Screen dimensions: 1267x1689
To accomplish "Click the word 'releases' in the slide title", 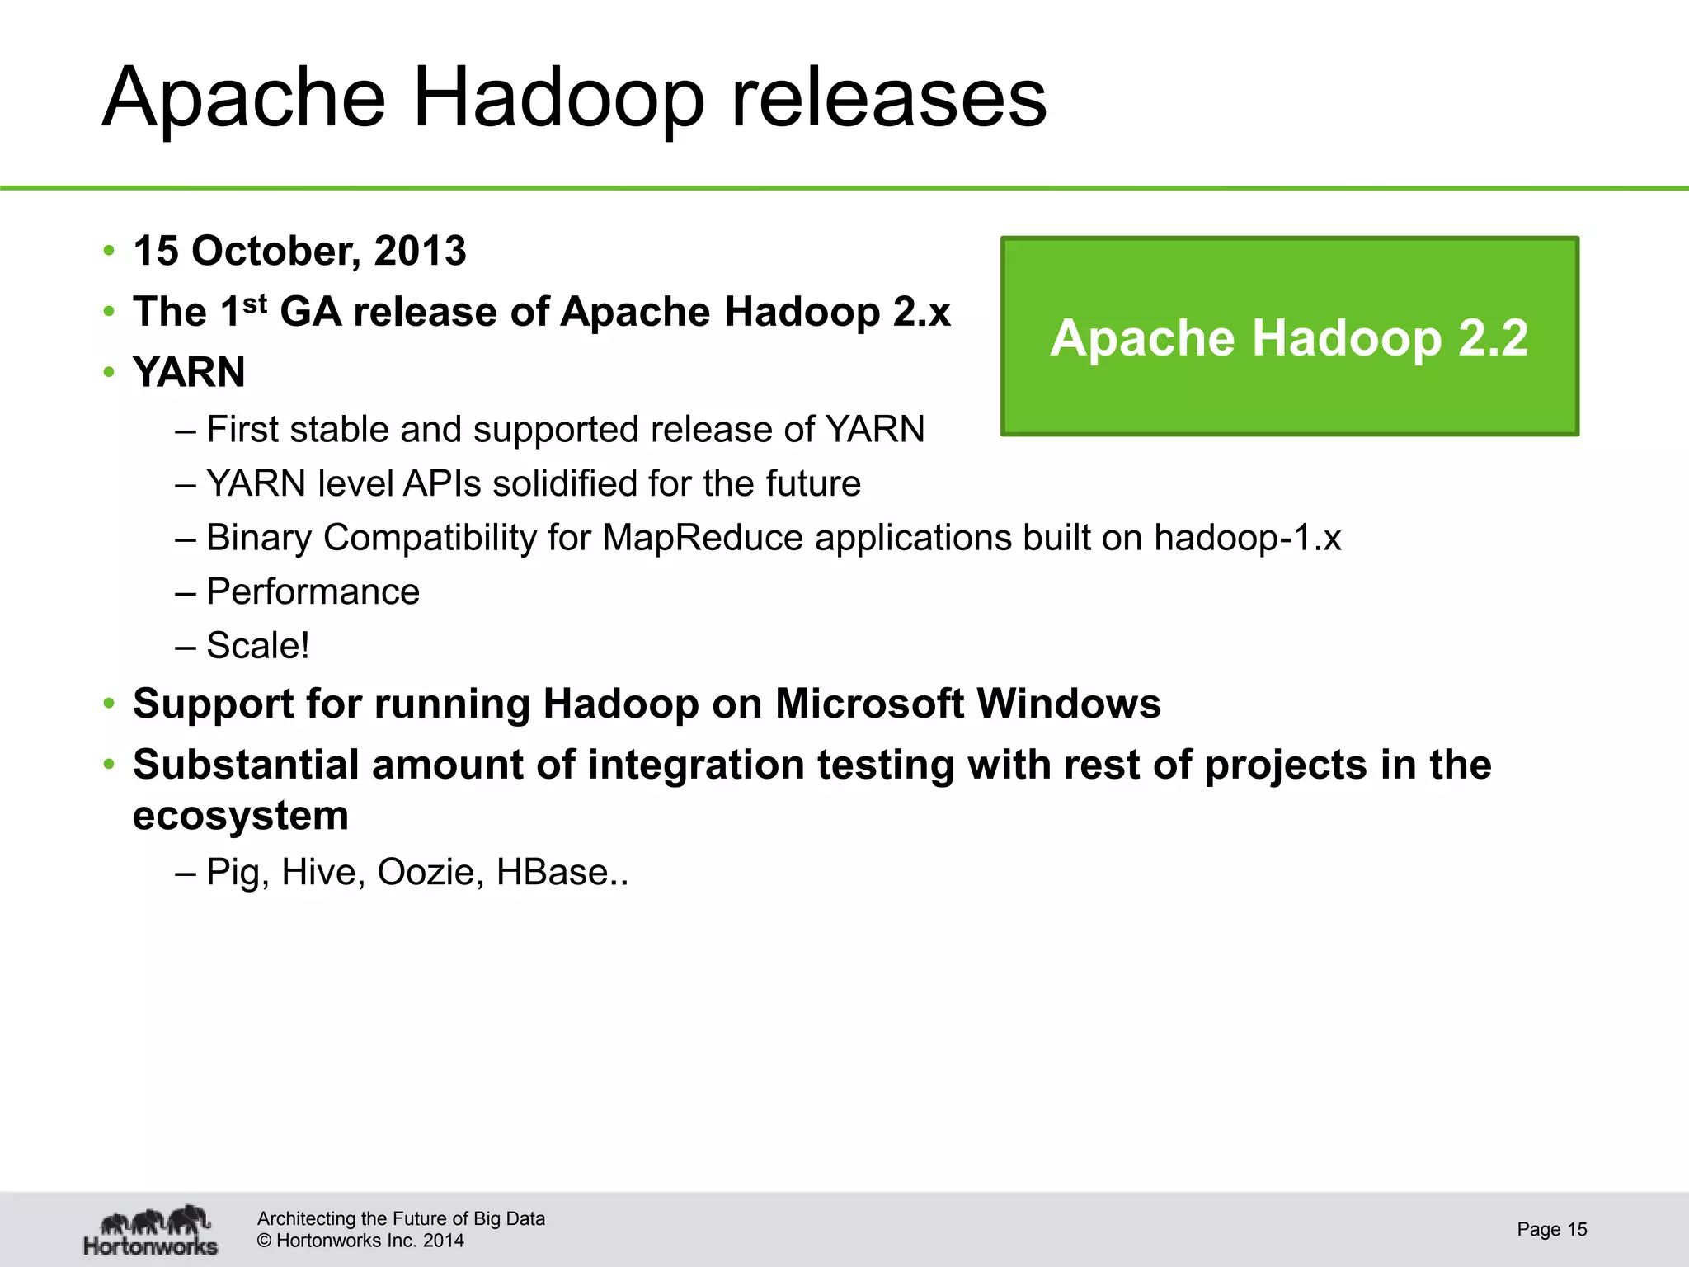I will coord(889,99).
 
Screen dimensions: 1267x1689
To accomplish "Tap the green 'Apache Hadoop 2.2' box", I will coord(1289,337).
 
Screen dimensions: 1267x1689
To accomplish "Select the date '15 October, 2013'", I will coord(299,251).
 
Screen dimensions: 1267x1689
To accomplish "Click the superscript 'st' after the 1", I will coord(255,304).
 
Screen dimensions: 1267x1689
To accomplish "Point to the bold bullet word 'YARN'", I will coord(189,372).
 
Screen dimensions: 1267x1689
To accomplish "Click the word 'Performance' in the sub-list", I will coord(313,591).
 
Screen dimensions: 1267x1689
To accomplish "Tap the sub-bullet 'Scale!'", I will coord(257,645).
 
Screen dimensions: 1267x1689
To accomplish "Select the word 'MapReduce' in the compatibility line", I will coord(703,538).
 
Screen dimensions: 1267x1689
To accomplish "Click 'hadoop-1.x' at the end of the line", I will coord(1247,538).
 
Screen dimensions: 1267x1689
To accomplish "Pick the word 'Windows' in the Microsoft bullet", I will coord(1068,704).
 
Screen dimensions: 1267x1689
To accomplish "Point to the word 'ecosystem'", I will coord(241,816).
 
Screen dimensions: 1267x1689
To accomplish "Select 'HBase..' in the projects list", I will coord(562,872).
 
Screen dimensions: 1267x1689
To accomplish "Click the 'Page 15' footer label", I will coord(1551,1229).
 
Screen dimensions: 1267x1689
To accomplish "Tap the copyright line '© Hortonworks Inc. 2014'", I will coord(360,1241).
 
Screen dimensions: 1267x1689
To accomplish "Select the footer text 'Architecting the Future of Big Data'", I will coord(401,1218).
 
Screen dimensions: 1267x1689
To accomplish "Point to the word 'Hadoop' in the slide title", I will coord(558,99).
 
